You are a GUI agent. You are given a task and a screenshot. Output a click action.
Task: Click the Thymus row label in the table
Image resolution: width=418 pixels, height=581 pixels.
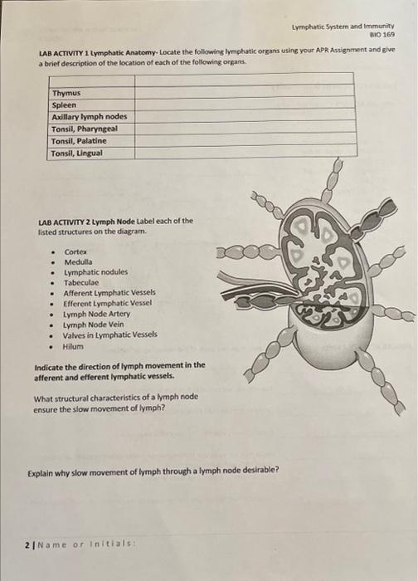(66, 95)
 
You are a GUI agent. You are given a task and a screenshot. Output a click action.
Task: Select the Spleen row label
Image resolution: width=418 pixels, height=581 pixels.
(64, 105)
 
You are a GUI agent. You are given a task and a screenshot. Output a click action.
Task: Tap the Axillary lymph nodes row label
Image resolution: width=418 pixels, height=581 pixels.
(89, 117)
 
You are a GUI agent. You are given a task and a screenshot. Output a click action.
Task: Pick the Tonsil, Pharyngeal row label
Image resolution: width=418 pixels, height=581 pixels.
(84, 129)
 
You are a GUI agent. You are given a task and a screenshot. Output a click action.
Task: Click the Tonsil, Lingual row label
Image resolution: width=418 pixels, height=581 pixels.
(78, 153)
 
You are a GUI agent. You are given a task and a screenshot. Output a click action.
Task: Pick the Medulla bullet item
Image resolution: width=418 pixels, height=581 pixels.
(78, 261)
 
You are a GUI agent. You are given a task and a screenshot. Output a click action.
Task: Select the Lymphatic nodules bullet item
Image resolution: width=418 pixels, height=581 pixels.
(96, 272)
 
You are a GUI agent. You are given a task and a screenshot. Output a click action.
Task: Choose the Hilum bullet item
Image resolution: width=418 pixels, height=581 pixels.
(74, 346)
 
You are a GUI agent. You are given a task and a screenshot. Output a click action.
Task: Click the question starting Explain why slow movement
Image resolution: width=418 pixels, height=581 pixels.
(153, 471)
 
